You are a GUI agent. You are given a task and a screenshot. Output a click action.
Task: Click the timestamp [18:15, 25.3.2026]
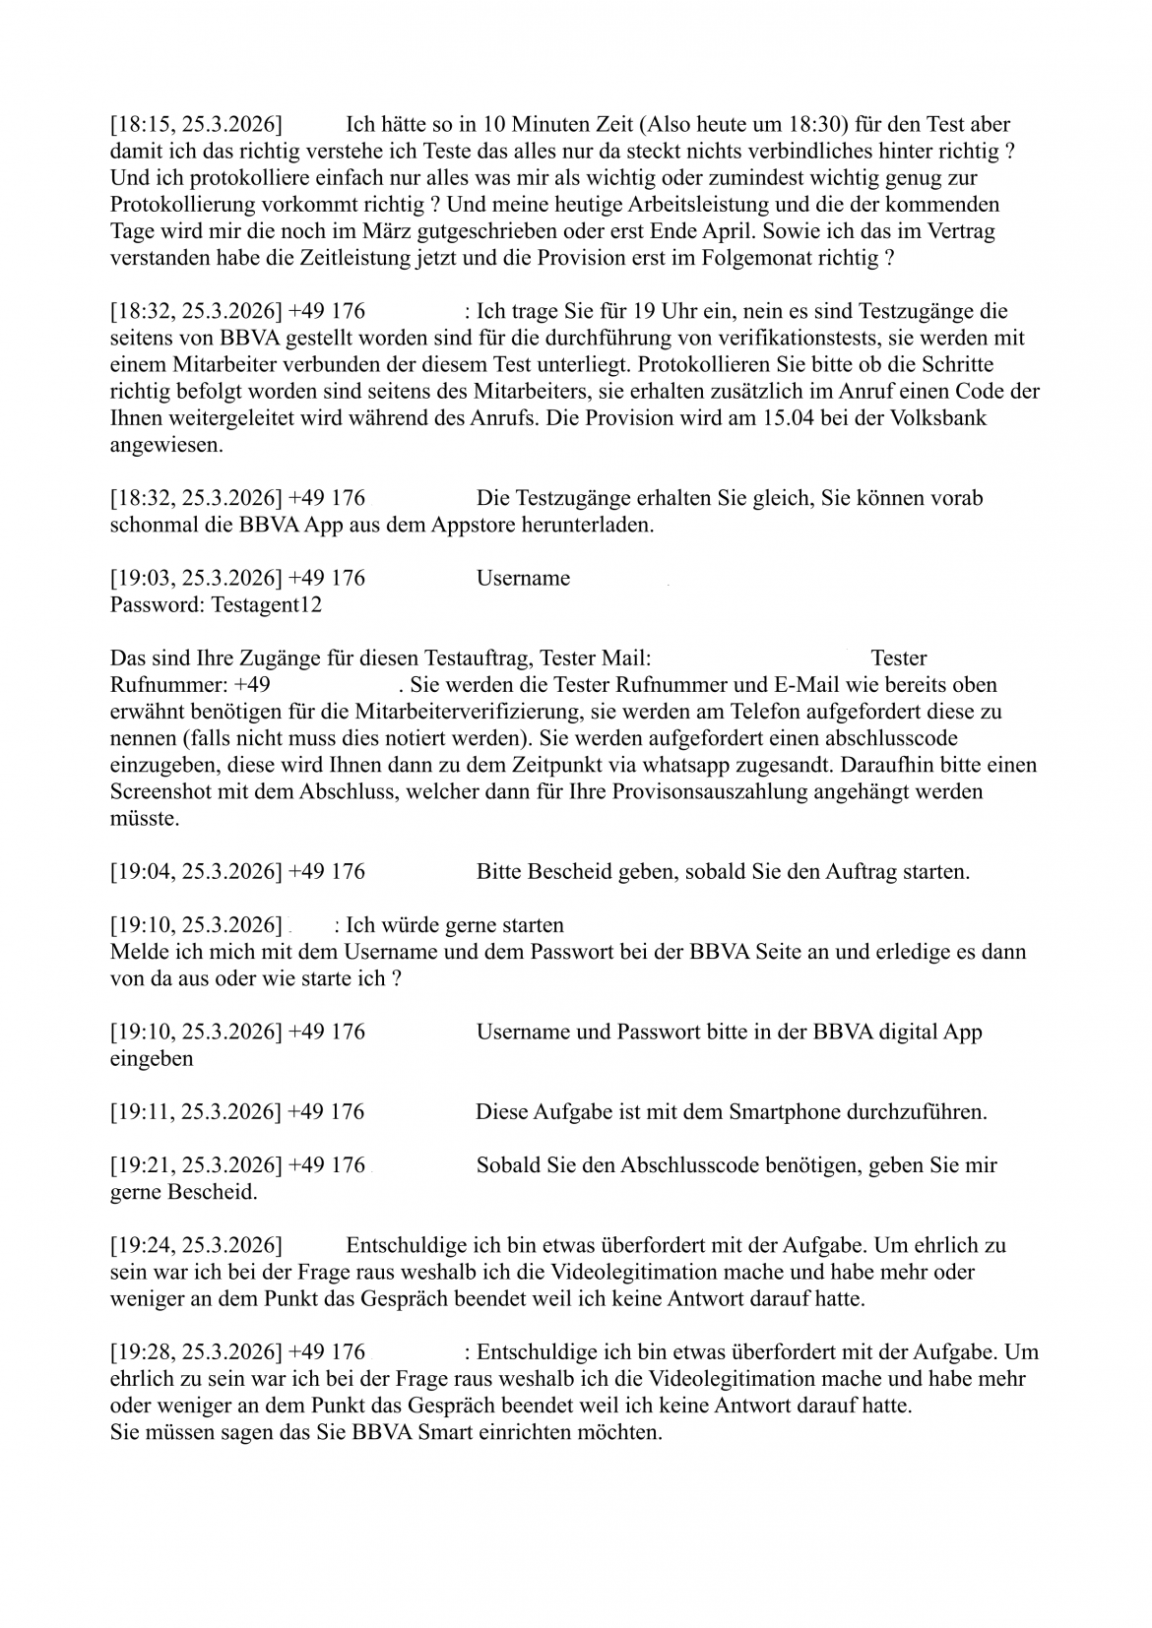[196, 125]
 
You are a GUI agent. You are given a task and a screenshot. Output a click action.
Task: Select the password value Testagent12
[267, 604]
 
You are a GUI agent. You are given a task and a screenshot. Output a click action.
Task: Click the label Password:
[158, 604]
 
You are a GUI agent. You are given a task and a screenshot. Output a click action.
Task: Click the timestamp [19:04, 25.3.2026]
[196, 871]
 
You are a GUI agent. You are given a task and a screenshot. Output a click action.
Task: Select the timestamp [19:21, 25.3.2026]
[196, 1165]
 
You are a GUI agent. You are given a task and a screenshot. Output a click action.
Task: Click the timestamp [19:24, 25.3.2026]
[196, 1245]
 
